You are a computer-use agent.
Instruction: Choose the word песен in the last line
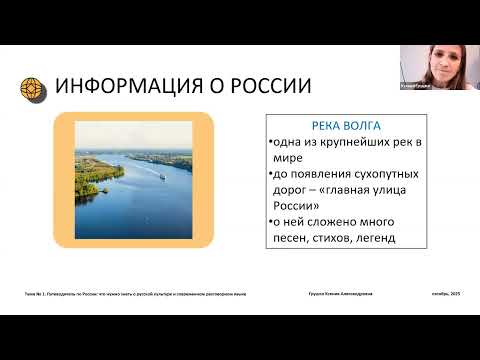point(295,239)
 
